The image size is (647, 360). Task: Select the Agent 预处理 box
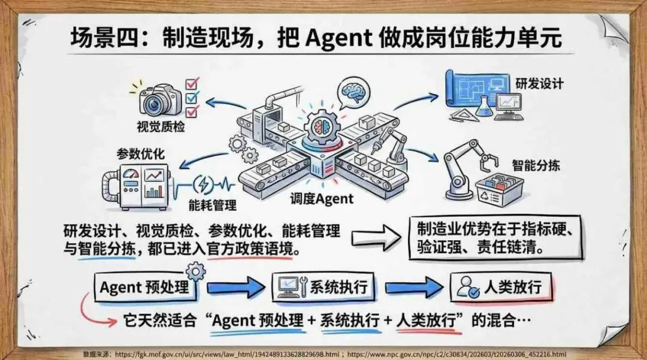click(x=144, y=287)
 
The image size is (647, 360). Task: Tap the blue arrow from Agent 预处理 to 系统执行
click(x=234, y=287)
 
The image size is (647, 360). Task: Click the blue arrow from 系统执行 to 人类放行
click(x=413, y=286)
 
